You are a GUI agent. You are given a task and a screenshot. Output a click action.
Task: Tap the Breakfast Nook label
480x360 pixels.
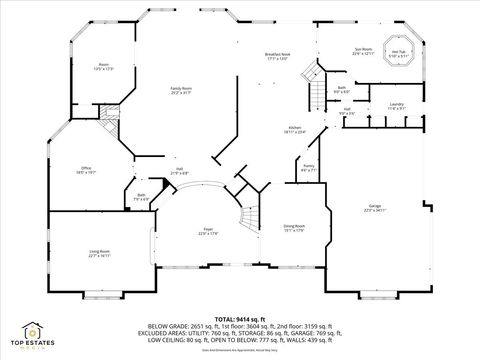pyautogui.click(x=277, y=57)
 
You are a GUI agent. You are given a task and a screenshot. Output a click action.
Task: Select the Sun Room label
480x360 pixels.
pyautogui.click(x=362, y=50)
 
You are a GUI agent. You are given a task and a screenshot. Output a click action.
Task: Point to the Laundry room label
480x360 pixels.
pyautogui.click(x=396, y=106)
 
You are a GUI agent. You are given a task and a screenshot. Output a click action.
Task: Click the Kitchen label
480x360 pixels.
pyautogui.click(x=295, y=130)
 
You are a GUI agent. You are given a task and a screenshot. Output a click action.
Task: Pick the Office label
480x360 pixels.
pyautogui.click(x=87, y=170)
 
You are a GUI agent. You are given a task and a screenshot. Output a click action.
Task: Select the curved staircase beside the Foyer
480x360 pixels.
pyautogui.click(x=246, y=216)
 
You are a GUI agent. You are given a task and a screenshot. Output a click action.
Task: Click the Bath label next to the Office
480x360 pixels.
pyautogui.click(x=141, y=196)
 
